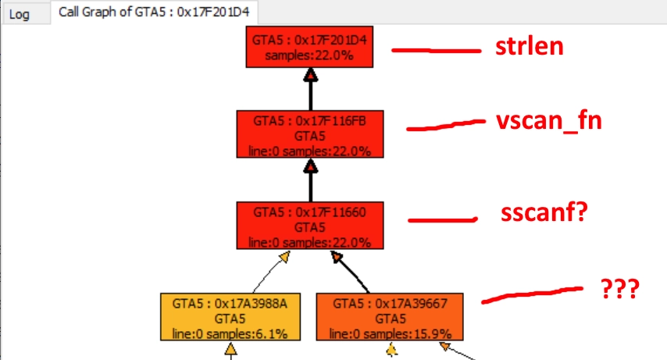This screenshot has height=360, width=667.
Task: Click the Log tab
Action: point(19,14)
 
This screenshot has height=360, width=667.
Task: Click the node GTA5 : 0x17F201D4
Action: point(311,48)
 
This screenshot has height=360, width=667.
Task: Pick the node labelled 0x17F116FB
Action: point(311,134)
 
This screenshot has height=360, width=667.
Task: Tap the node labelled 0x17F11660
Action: point(311,226)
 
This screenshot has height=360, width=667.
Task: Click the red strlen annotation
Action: point(529,47)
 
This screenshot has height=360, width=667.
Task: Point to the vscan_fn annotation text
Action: point(549,122)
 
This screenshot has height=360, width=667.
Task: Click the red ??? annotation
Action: point(621,290)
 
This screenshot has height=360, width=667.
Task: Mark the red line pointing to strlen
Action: point(435,51)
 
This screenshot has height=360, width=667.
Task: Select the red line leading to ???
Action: point(531,293)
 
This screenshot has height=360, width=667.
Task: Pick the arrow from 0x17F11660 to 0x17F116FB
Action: point(311,180)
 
